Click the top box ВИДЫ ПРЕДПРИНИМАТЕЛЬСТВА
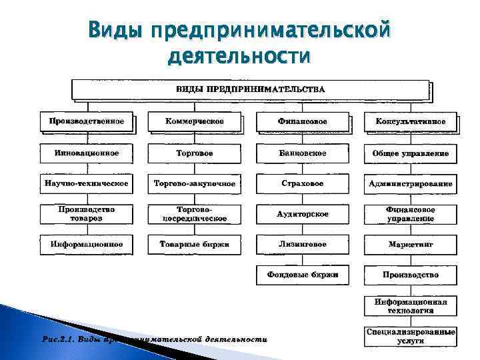(250, 89)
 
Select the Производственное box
(87, 121)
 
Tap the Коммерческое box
(195, 121)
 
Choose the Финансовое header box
(303, 121)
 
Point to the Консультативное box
(410, 121)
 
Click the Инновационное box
(87, 153)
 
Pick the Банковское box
(303, 153)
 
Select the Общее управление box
(410, 153)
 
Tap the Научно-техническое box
(87, 183)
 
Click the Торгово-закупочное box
(195, 183)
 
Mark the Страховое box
(303, 183)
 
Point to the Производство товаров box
(87, 213)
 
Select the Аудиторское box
(303, 213)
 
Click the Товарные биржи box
(195, 244)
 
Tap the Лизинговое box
(303, 244)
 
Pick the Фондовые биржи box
(303, 275)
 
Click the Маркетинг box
(410, 244)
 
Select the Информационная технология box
(410, 305)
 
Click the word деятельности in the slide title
(239, 56)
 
